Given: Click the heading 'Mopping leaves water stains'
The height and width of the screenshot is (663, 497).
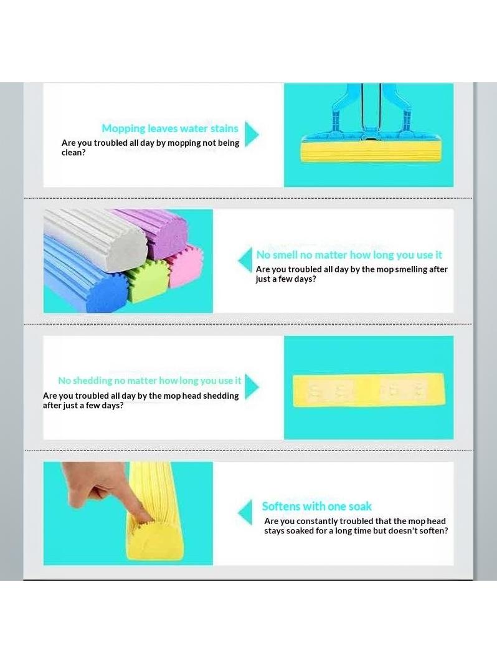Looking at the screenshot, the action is [x=170, y=128].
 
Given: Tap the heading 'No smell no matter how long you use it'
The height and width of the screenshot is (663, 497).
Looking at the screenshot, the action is [x=349, y=254].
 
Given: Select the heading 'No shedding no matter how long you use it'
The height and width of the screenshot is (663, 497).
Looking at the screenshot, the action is [x=149, y=381].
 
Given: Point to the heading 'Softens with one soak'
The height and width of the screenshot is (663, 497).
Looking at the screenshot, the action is [x=316, y=506].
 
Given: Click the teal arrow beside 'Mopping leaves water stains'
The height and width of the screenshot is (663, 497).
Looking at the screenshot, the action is [x=251, y=135].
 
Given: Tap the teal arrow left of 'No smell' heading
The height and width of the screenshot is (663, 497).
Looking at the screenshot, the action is [x=245, y=260].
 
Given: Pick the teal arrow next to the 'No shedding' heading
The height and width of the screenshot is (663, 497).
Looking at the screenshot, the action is [x=251, y=386].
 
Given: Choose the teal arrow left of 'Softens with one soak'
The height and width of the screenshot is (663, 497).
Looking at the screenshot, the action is [x=245, y=512].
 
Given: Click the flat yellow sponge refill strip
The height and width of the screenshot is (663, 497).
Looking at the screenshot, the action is [x=369, y=390].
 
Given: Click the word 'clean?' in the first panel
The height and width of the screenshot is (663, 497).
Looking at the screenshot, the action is [x=73, y=153].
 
